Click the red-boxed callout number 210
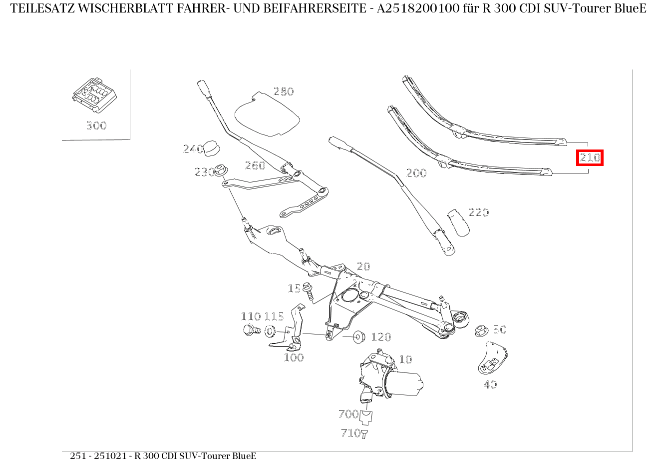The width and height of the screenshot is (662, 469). point(590,158)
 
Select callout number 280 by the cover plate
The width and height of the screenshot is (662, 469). point(284,91)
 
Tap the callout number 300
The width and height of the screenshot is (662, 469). point(96,125)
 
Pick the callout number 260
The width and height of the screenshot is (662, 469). point(255,165)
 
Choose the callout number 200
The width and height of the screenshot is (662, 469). point(416,173)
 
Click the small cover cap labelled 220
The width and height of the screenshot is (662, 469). point(458,222)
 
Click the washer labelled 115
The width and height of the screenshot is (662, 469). point(270,330)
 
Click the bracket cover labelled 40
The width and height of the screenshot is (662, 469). point(492,357)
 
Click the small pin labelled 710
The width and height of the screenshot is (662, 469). point(364,434)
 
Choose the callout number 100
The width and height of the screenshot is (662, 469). point(294,357)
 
